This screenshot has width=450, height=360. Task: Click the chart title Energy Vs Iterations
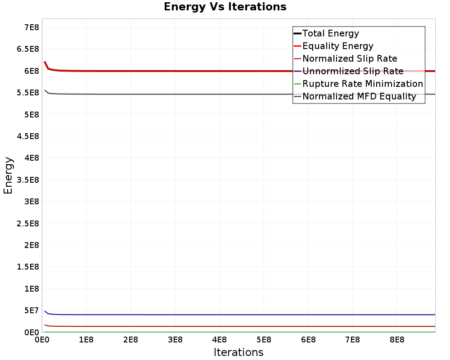click(x=225, y=7)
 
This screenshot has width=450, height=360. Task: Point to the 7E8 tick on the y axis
click(x=31, y=27)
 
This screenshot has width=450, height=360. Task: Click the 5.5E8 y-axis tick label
click(x=28, y=93)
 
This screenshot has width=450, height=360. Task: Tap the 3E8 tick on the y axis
click(x=31, y=202)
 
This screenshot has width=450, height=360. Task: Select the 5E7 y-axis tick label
click(x=31, y=310)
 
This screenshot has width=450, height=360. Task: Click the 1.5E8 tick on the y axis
click(x=28, y=267)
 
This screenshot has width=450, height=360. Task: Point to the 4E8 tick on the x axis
click(x=219, y=340)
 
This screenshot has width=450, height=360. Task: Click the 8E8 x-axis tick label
click(x=397, y=340)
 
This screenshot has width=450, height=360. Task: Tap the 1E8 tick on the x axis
click(x=86, y=340)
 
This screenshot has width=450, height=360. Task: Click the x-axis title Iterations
click(x=238, y=352)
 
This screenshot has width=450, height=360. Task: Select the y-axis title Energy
click(x=8, y=175)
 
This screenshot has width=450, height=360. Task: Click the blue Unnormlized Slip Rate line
click(x=240, y=315)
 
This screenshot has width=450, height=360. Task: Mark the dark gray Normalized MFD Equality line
click(x=240, y=94)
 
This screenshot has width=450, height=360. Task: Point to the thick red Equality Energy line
click(x=240, y=71)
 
